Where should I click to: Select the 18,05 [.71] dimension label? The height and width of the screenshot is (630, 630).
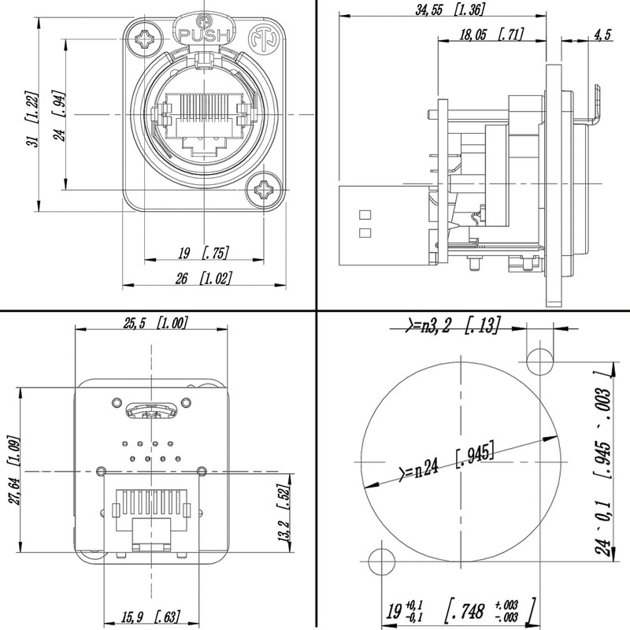pos(491,34)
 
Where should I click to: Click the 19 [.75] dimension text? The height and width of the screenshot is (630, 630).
pos(202,254)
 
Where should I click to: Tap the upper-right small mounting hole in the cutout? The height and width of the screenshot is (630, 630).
pos(539,361)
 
